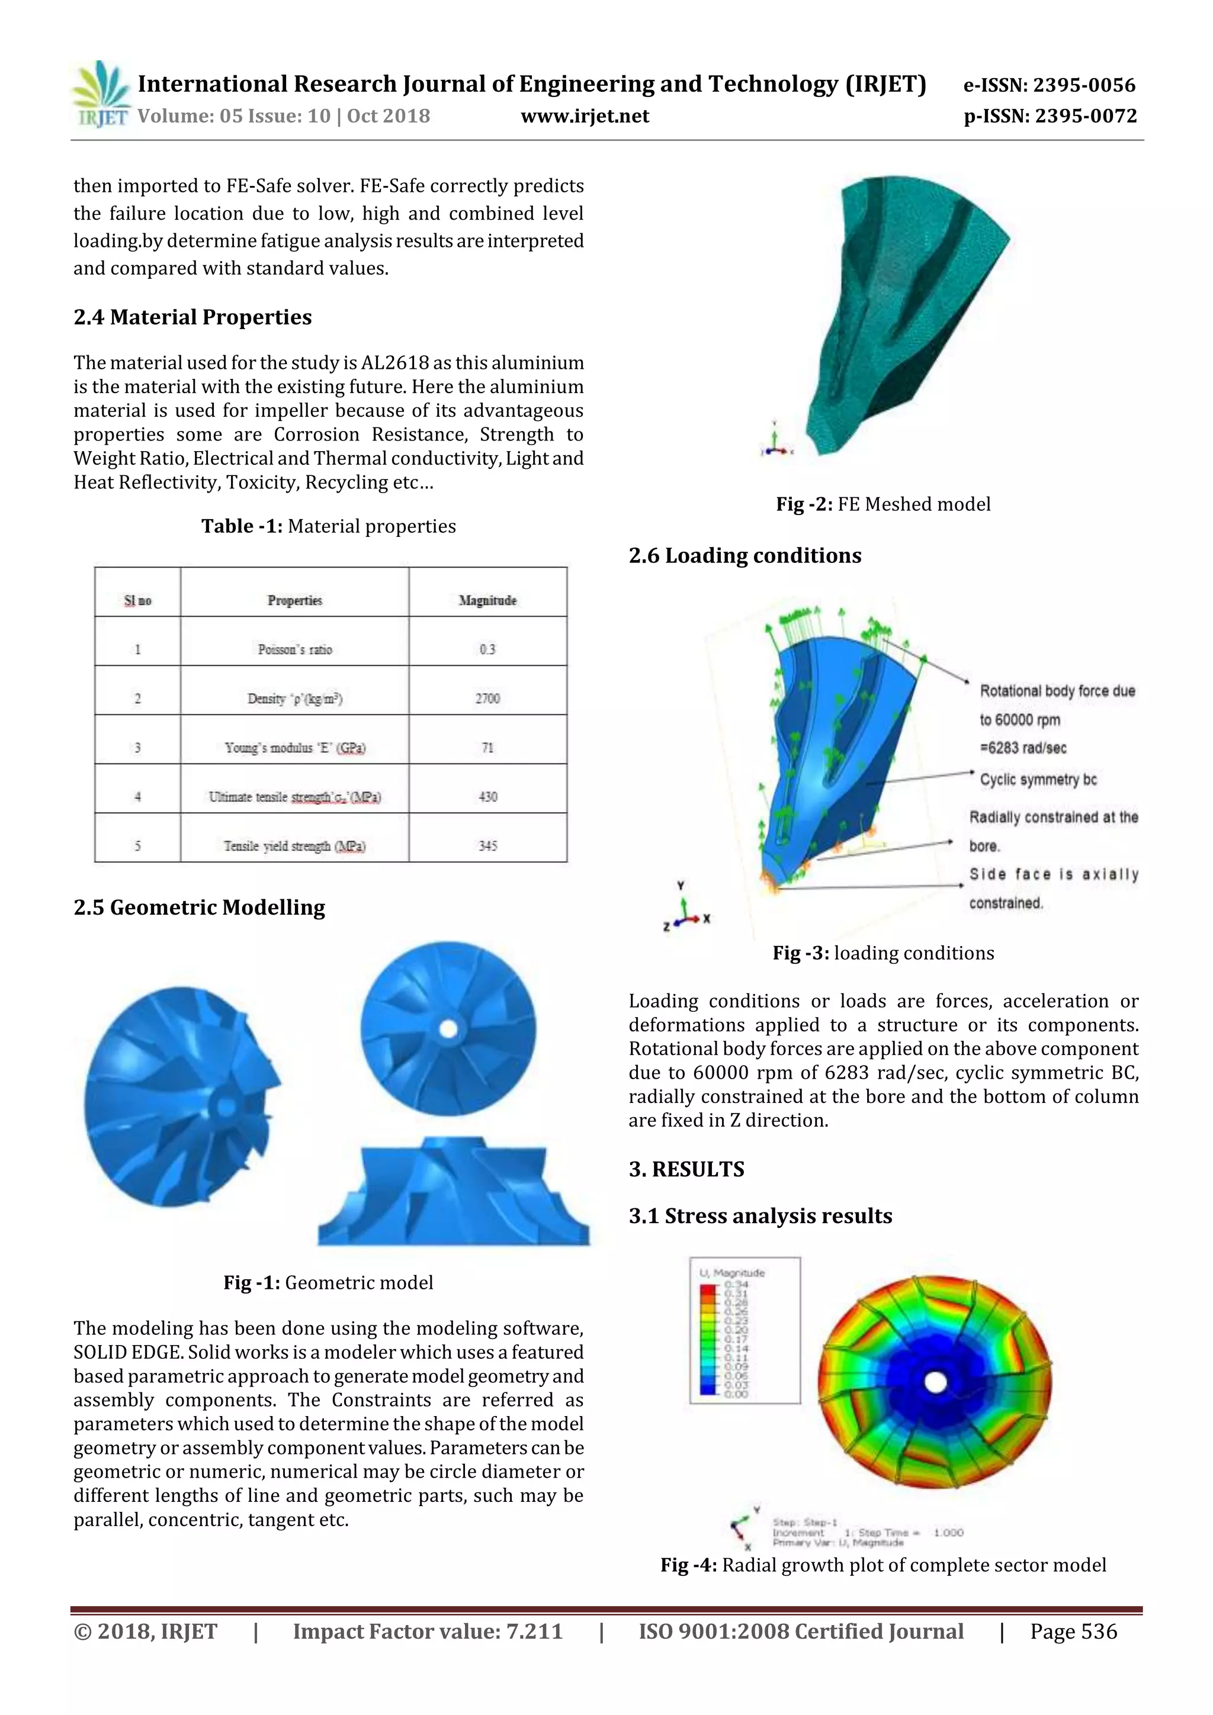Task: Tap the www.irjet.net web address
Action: [x=585, y=117]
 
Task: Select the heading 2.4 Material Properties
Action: [x=192, y=317]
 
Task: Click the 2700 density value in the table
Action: [x=487, y=699]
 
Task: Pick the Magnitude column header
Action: [x=487, y=600]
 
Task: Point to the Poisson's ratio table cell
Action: [x=294, y=649]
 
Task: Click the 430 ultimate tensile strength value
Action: [x=487, y=797]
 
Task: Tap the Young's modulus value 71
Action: [x=487, y=748]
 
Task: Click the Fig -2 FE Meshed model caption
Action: [x=883, y=504]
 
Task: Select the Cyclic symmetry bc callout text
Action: [x=1038, y=780]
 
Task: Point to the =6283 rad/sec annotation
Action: [x=1023, y=748]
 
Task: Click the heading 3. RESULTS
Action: [x=686, y=1169]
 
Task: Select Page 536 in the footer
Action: [x=1073, y=1632]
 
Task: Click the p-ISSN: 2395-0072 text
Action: [x=1050, y=117]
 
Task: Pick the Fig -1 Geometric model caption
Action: [x=328, y=1282]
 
